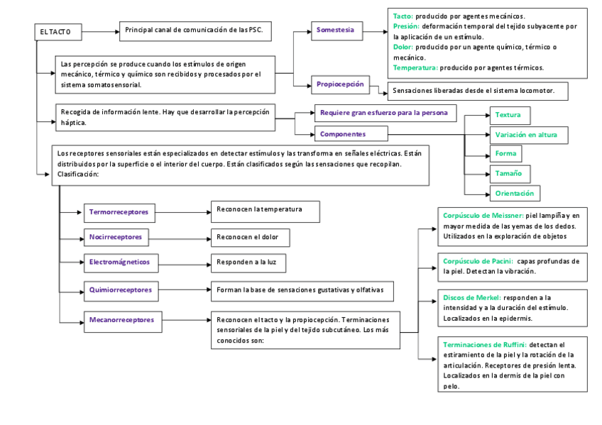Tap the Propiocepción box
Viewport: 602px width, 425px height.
point(341,84)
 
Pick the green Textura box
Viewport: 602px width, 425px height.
point(509,115)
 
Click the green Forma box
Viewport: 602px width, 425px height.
point(505,153)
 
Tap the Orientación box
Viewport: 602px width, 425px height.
point(515,193)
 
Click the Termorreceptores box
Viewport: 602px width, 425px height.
point(120,211)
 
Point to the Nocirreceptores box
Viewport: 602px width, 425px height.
point(116,236)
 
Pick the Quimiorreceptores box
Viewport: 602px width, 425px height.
point(121,289)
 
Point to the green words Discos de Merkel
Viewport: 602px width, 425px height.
point(471,297)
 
